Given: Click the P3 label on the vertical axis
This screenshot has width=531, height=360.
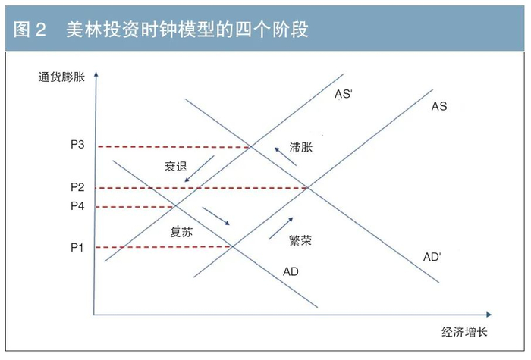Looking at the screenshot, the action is [x=78, y=146].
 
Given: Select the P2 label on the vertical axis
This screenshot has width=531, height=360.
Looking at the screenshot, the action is [x=78, y=187].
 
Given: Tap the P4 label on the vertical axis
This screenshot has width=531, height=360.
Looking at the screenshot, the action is [x=78, y=206].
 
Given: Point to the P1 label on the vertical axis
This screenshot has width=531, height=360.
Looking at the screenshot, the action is [x=78, y=247].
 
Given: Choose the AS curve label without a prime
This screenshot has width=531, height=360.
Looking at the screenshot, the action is [x=439, y=106].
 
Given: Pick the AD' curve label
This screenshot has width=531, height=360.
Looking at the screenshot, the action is [x=432, y=258].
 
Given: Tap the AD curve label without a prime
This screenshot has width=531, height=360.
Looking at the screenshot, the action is [x=291, y=271].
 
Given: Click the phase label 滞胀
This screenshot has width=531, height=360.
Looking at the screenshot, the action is [x=301, y=149].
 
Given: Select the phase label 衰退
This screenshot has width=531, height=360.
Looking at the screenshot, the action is [x=175, y=166].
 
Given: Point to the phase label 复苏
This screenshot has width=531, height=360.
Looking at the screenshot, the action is [x=181, y=233].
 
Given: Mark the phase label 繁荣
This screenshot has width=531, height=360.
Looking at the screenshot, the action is [x=301, y=240].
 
